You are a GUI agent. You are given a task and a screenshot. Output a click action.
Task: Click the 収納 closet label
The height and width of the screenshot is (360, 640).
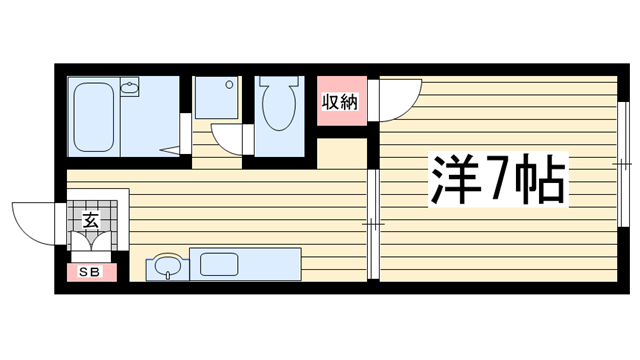340,102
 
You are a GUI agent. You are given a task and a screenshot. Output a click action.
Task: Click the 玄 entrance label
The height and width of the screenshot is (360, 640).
91,221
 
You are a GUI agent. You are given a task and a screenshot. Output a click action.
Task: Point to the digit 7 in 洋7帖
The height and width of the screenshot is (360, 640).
498,179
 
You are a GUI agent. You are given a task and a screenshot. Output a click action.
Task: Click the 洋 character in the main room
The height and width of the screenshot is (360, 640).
455,179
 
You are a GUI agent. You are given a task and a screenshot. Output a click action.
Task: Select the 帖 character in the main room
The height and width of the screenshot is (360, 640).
540,179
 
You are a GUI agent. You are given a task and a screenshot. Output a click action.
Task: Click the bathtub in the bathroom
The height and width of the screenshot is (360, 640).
93,117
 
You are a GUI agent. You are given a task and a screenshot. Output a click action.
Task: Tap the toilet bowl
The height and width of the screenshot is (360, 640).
279,103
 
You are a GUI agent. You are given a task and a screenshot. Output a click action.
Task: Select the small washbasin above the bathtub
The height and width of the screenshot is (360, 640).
130,87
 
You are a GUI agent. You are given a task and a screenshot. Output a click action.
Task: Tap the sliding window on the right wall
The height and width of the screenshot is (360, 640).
622,164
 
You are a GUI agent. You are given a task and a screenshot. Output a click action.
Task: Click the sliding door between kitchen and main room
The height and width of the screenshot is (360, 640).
373,224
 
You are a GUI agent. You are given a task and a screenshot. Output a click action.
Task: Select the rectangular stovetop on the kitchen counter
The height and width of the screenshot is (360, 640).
219,264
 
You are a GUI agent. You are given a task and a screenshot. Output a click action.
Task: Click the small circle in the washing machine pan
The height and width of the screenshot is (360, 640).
229,85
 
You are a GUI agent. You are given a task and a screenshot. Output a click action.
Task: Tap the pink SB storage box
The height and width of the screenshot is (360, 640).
92,272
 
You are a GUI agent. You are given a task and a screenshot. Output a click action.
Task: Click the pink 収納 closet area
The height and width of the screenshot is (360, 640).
342,101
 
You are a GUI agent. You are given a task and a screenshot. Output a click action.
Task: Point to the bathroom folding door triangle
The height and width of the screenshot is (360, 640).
171,150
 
